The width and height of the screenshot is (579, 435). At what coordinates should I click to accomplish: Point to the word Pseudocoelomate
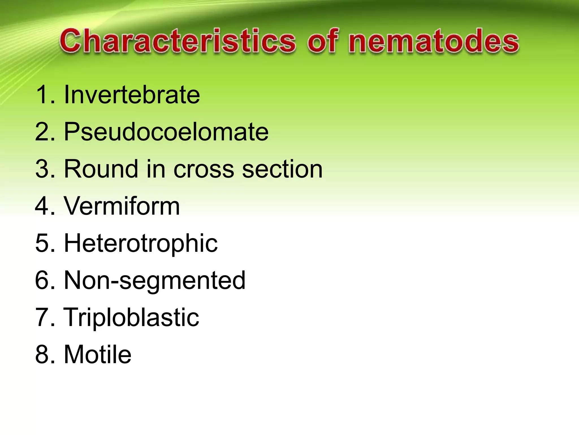pyautogui.click(x=166, y=132)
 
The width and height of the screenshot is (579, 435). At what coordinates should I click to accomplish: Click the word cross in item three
pyautogui.click(x=204, y=169)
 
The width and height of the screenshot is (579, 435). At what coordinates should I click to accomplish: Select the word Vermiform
pyautogui.click(x=122, y=206)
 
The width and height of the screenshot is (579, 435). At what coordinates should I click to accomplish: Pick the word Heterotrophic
pyautogui.click(x=141, y=243)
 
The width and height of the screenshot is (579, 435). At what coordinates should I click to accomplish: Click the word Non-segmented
pyautogui.click(x=155, y=280)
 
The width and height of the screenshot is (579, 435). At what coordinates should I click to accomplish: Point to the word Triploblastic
pyautogui.click(x=131, y=317)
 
